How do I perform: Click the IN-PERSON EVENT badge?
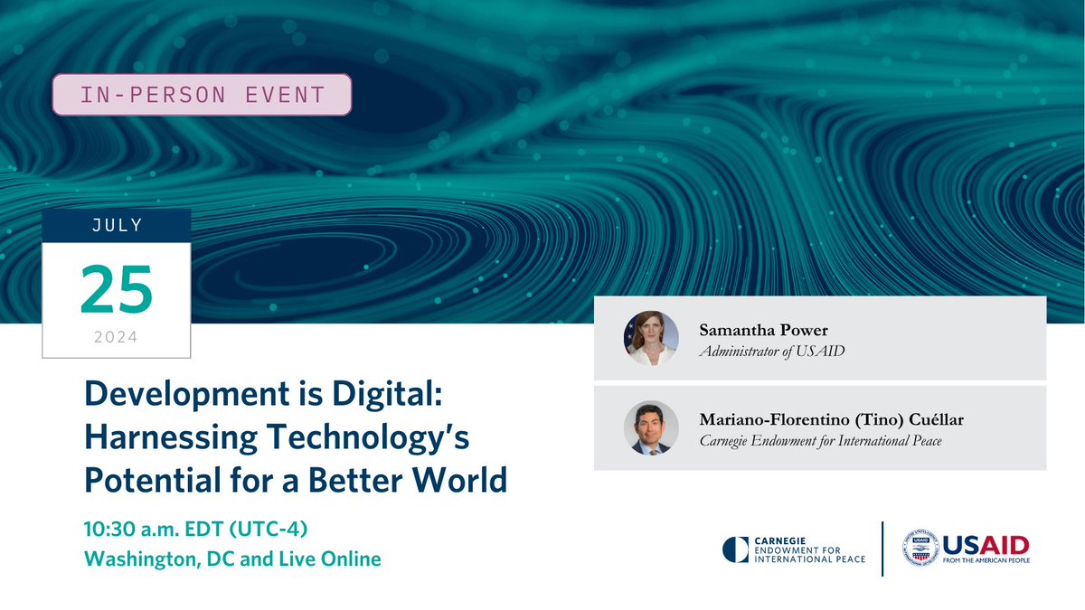click(x=201, y=94)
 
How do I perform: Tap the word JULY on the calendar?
click(x=117, y=225)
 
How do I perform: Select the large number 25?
click(x=117, y=289)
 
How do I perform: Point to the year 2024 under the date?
click(x=117, y=338)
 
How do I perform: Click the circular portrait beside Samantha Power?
click(x=651, y=338)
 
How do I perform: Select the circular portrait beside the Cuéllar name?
click(x=651, y=427)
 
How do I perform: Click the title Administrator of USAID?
click(x=771, y=351)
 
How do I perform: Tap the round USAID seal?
click(x=920, y=549)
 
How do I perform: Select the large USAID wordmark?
click(x=986, y=544)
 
